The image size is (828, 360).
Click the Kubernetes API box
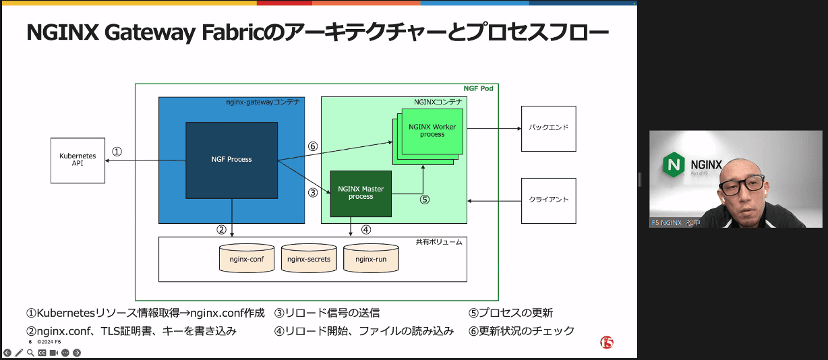(x=78, y=160)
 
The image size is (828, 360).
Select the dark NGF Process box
(x=231, y=160)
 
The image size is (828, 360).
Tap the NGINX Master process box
(x=361, y=193)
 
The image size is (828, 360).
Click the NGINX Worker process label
(x=432, y=130)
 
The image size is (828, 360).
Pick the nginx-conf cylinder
(x=247, y=259)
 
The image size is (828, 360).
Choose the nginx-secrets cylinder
(x=308, y=259)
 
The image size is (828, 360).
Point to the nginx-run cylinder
(x=370, y=259)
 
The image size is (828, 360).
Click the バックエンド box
(x=548, y=128)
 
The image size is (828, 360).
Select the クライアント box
(x=548, y=200)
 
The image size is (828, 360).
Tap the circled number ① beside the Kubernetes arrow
(x=117, y=152)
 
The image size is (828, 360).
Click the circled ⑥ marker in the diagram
(x=312, y=146)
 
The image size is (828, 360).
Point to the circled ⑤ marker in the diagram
(x=424, y=200)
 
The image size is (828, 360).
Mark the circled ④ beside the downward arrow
(x=365, y=229)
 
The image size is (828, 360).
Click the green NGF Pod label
(x=479, y=89)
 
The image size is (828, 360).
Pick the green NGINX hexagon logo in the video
(x=674, y=164)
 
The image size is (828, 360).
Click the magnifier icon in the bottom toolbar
(x=30, y=353)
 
